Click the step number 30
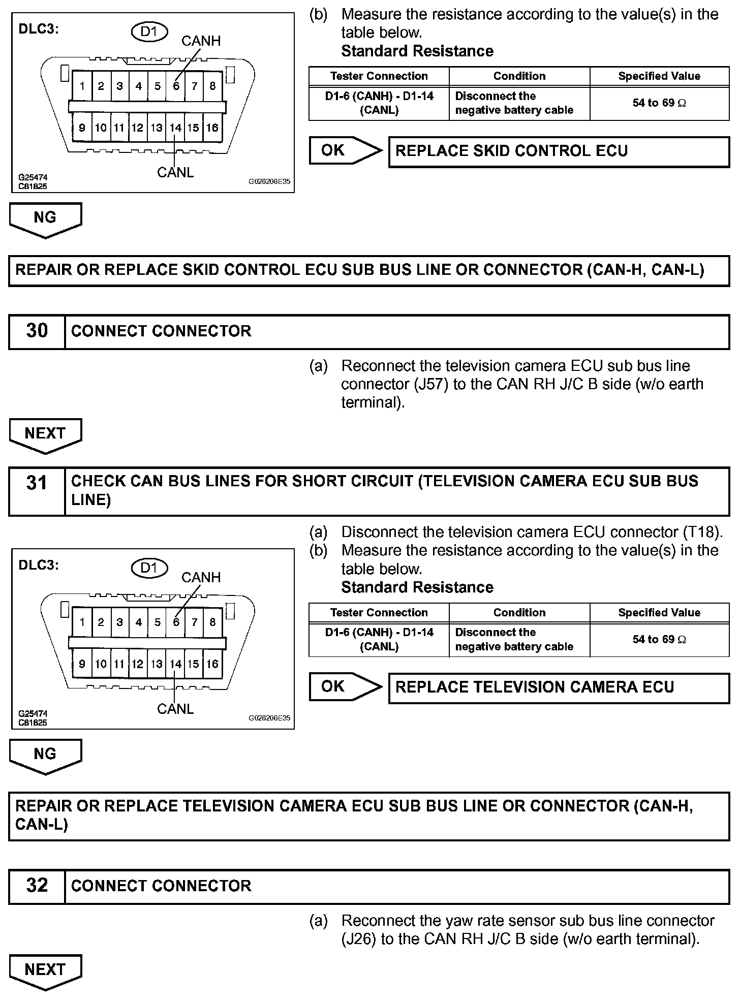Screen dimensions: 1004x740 pos(37,331)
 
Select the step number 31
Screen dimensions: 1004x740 pos(37,483)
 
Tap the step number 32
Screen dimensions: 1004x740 pos(37,885)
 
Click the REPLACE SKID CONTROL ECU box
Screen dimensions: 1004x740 pos(559,151)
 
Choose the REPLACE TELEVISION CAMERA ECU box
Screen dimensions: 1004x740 pos(559,687)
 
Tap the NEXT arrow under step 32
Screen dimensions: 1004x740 pos(45,971)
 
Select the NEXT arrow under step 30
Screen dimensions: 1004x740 pos(45,434)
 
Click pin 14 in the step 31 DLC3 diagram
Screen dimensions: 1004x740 pos(175,664)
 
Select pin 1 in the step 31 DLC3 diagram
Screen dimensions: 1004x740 pos(82,622)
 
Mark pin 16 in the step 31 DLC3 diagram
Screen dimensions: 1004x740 pos(212,664)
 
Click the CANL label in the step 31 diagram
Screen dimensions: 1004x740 pos(175,709)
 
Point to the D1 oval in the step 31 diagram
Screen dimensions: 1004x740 pos(149,568)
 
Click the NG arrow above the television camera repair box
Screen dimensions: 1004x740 pos(45,755)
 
